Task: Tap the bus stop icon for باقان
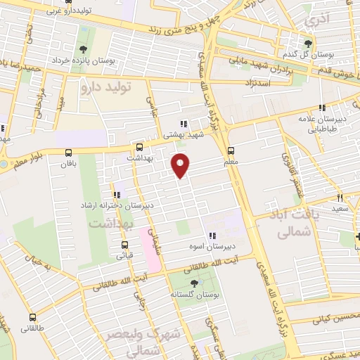(68, 153)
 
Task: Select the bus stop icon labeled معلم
(231, 151)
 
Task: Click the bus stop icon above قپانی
(126, 245)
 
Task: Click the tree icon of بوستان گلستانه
(195, 283)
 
